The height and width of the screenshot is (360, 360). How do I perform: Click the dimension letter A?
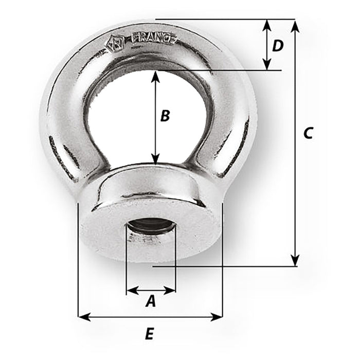(150, 301)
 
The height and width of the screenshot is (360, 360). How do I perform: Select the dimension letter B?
(165, 116)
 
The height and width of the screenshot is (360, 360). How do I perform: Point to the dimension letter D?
(278, 46)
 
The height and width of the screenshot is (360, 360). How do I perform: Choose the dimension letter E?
(149, 334)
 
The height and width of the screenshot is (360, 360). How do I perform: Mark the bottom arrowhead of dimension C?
(295, 262)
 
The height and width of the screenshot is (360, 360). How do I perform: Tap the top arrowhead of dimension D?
(266, 24)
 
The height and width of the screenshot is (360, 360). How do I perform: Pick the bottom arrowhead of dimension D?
(266, 65)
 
